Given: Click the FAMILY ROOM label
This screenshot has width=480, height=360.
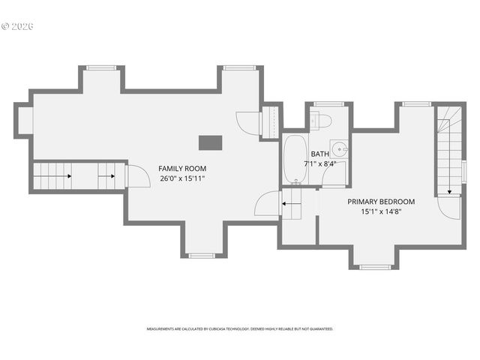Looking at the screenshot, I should pyautogui.click(x=181, y=168).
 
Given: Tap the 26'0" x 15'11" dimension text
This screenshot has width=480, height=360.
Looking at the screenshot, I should pyautogui.click(x=181, y=178).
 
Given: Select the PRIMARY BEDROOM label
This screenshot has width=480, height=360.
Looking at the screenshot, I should pyautogui.click(x=380, y=202).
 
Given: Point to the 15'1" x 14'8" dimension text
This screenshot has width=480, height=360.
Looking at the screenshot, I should pyautogui.click(x=380, y=211).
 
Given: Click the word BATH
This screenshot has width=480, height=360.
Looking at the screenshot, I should pyautogui.click(x=319, y=154).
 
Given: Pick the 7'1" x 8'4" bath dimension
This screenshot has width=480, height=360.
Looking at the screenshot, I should pyautogui.click(x=319, y=163).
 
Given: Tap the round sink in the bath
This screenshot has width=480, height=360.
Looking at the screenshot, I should pyautogui.click(x=340, y=147).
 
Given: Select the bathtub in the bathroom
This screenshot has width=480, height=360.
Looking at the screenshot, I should pyautogui.click(x=293, y=159).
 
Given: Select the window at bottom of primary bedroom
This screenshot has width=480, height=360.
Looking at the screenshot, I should pyautogui.click(x=373, y=266).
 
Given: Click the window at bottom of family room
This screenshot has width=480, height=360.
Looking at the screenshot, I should pyautogui.click(x=201, y=256).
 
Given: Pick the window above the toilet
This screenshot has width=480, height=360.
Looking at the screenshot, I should pyautogui.click(x=328, y=104).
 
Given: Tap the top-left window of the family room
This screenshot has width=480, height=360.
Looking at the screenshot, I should pyautogui.click(x=100, y=68).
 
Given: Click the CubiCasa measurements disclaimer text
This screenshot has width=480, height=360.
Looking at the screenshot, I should pyautogui.click(x=240, y=328).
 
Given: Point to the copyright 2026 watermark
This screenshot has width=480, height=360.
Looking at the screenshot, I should pyautogui.click(x=18, y=26).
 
